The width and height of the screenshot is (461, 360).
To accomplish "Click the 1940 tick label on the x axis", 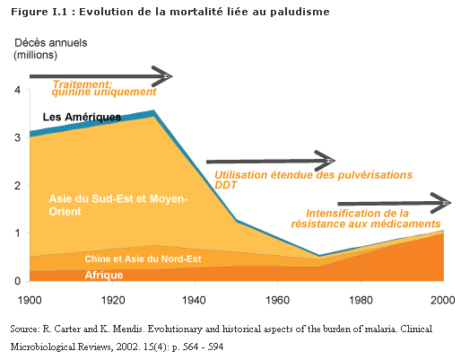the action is tap(195, 300).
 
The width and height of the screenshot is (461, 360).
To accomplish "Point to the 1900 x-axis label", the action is tap(30, 300).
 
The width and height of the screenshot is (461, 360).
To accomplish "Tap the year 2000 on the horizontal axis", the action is tap(443, 300).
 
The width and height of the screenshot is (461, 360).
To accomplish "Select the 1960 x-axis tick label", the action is tap(278, 300).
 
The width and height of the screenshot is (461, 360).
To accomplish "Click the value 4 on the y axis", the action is tap(18, 90).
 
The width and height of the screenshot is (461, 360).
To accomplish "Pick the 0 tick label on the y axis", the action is tap(18, 281).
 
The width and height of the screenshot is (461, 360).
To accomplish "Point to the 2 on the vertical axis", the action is tap(18, 186).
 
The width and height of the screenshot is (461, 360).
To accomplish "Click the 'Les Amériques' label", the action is tap(82, 117).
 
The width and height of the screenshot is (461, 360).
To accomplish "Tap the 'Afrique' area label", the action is tap(104, 275).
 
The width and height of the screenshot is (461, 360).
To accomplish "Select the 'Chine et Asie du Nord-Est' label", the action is tap(143, 259).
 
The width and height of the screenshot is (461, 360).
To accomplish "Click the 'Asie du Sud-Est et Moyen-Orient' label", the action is tap(118, 205).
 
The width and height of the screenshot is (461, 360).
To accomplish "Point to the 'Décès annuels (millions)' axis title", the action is tap(51, 48).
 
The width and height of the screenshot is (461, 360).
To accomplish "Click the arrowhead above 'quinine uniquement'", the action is tap(161, 76).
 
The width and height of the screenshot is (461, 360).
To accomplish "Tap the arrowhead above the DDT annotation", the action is tap(325, 161).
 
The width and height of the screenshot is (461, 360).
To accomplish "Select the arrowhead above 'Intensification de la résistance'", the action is tap(441, 203).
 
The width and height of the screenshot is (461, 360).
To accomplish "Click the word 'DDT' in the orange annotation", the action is tap(225, 185).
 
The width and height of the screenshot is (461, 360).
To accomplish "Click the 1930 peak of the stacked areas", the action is tap(154, 110).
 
